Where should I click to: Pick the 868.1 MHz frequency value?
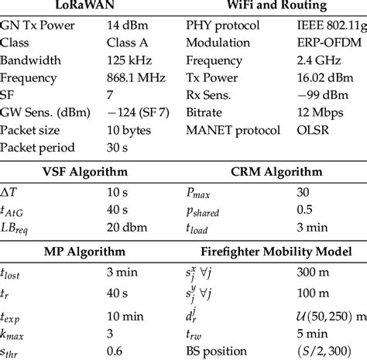pyautogui.click(x=137, y=77)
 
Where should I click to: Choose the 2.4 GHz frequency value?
pyautogui.click(x=319, y=60)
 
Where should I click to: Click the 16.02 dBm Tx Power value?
pyautogui.click(x=328, y=77)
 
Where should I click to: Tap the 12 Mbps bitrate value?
pyautogui.click(x=321, y=113)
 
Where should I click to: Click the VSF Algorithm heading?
pyautogui.click(x=84, y=172)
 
